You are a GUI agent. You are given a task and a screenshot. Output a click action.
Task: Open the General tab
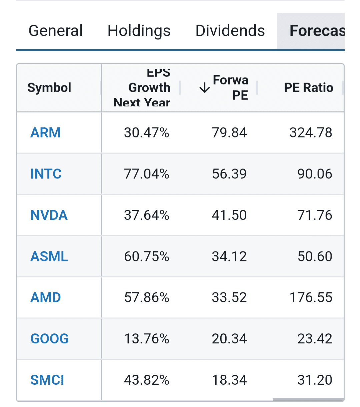click(55, 31)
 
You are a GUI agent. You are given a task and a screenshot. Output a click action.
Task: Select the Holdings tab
click(139, 31)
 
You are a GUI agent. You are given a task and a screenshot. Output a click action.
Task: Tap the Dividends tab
click(230, 31)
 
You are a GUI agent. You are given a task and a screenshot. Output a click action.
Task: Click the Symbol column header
click(49, 88)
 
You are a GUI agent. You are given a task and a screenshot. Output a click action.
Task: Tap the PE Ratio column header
click(308, 88)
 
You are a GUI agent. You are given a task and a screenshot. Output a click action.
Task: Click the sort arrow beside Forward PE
click(204, 88)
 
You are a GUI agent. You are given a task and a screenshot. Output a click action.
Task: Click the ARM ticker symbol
click(45, 133)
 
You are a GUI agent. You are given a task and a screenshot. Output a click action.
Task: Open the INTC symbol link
click(46, 174)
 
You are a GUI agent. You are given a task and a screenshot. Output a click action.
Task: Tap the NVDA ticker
click(49, 215)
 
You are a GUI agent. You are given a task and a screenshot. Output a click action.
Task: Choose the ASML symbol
click(49, 256)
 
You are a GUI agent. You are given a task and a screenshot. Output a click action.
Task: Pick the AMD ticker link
click(46, 297)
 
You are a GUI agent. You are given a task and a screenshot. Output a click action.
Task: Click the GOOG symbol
click(49, 339)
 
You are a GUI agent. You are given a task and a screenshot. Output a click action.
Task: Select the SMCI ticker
click(47, 380)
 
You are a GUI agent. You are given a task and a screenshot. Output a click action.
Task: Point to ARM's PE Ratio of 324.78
click(311, 133)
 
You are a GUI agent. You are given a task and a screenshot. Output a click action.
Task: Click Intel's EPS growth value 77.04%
click(147, 174)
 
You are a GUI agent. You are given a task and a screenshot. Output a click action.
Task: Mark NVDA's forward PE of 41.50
click(229, 215)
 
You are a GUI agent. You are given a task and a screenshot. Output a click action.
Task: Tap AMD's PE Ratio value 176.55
click(311, 297)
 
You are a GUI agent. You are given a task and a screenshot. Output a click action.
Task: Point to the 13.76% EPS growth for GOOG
click(147, 339)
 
